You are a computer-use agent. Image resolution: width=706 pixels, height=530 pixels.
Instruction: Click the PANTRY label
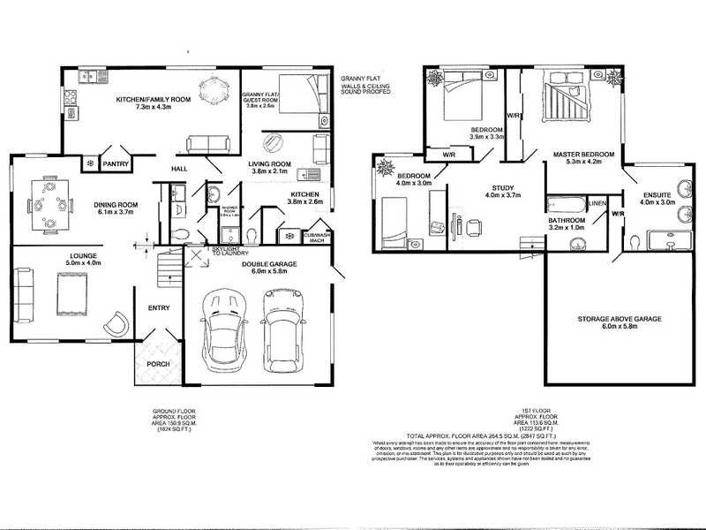[x=116, y=163]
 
